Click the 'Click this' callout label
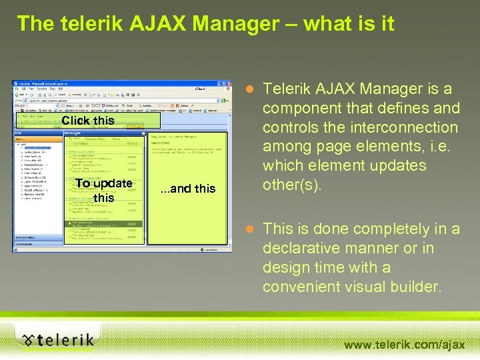[88, 121]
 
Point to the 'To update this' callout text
[103, 190]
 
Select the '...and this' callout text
[189, 189]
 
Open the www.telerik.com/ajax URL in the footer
[404, 345]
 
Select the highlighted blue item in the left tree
[37, 147]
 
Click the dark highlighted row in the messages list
[104, 224]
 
